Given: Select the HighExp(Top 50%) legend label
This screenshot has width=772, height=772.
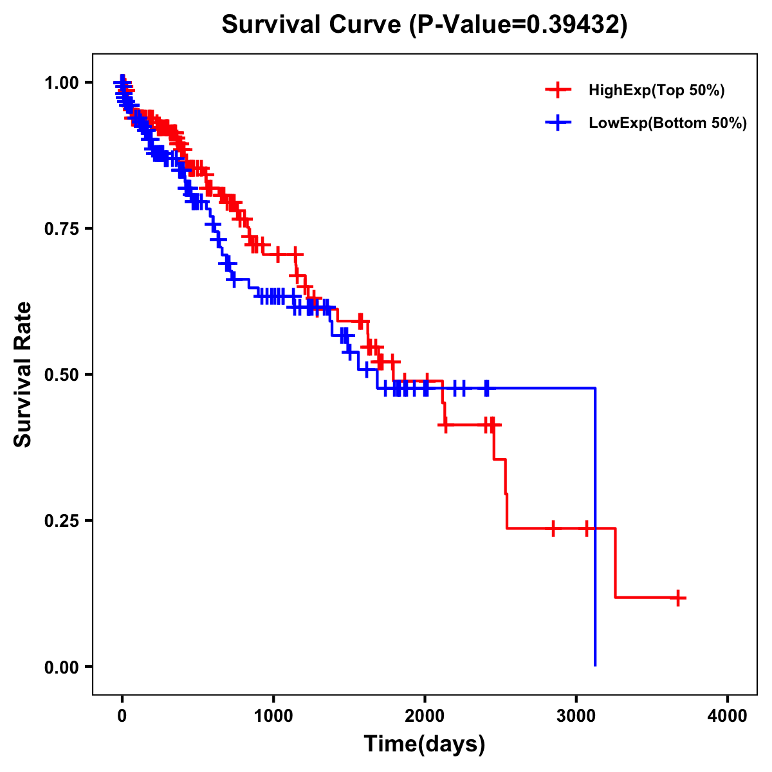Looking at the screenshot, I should (656, 91).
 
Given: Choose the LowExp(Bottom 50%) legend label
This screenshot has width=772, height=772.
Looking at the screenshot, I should (668, 123).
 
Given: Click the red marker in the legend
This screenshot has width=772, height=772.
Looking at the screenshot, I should (558, 91).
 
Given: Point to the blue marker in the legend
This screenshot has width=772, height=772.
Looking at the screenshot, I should (558, 123).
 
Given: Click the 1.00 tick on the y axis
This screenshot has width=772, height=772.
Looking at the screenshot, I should (61, 82).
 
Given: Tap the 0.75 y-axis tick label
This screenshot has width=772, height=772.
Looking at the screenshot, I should (61, 228).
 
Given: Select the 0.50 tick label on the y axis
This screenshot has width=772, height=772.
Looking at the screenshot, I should (61, 374).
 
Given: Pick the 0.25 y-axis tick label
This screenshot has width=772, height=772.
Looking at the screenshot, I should (61, 520).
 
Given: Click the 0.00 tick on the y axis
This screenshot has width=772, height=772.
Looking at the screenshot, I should (61, 666).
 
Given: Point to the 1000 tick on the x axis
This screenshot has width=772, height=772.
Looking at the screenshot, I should (273, 716).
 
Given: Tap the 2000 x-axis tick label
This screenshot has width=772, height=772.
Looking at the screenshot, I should (425, 716).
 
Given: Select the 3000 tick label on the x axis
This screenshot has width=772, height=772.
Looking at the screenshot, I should (576, 716).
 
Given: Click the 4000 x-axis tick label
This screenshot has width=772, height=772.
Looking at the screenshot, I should (728, 716).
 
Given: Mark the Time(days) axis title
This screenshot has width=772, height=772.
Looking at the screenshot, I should (425, 744).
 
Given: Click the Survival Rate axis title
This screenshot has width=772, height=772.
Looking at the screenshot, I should (23, 374).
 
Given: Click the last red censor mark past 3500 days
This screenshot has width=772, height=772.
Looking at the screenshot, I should (677, 598).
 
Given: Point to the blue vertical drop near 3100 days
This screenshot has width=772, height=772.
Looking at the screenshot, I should (595, 528).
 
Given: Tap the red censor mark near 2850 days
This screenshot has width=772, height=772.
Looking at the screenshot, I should (553, 528).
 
